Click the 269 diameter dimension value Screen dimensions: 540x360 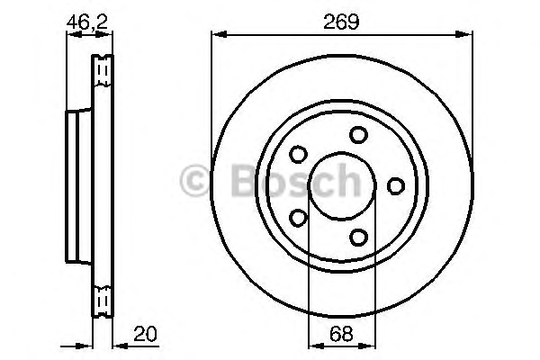(x=341, y=22)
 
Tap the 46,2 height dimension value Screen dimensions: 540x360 (x=87, y=22)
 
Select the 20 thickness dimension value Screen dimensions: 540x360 (x=145, y=334)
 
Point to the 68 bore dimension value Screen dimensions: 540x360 (x=341, y=334)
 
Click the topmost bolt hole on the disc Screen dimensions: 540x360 (x=358, y=134)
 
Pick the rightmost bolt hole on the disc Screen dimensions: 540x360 (x=396, y=186)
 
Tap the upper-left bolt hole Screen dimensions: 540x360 (x=298, y=154)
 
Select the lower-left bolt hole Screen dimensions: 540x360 (x=298, y=218)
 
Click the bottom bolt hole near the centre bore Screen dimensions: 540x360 (x=358, y=238)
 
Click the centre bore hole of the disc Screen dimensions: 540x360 (x=342, y=186)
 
